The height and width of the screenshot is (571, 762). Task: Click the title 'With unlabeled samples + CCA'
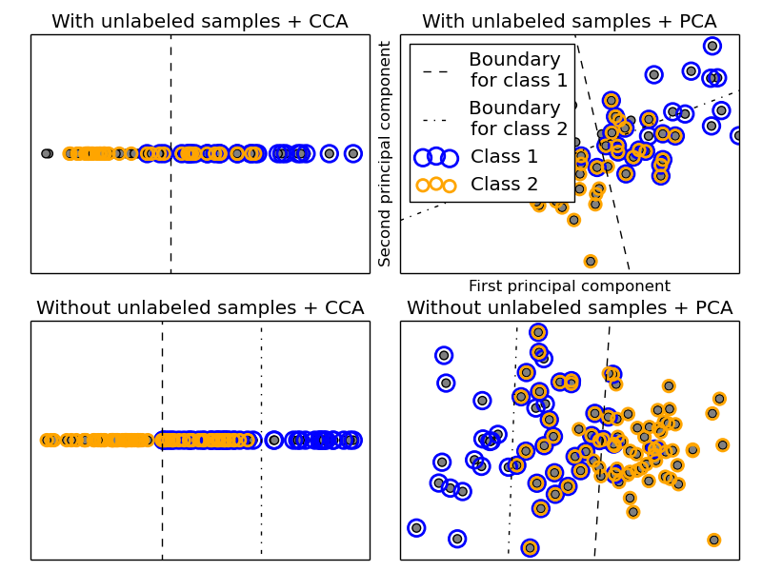(x=200, y=21)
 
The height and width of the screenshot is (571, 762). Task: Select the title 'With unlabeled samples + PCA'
(x=570, y=21)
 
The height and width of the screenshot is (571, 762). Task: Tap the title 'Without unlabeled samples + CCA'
(x=200, y=307)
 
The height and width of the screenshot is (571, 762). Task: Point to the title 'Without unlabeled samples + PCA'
(x=570, y=307)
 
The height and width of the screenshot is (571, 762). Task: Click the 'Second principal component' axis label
(x=385, y=153)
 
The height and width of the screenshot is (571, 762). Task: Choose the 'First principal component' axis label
(x=570, y=285)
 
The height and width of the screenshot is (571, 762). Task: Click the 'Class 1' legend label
(x=504, y=156)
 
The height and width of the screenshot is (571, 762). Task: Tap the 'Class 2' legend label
(x=504, y=184)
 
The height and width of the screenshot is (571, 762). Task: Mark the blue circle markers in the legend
(x=436, y=156)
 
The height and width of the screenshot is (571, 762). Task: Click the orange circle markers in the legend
(x=436, y=184)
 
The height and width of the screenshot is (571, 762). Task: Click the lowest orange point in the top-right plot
(x=591, y=261)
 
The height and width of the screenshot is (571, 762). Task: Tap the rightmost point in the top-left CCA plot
(x=353, y=153)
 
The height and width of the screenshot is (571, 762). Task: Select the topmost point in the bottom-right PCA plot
(x=538, y=332)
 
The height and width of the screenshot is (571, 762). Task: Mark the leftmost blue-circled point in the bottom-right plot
(x=416, y=527)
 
